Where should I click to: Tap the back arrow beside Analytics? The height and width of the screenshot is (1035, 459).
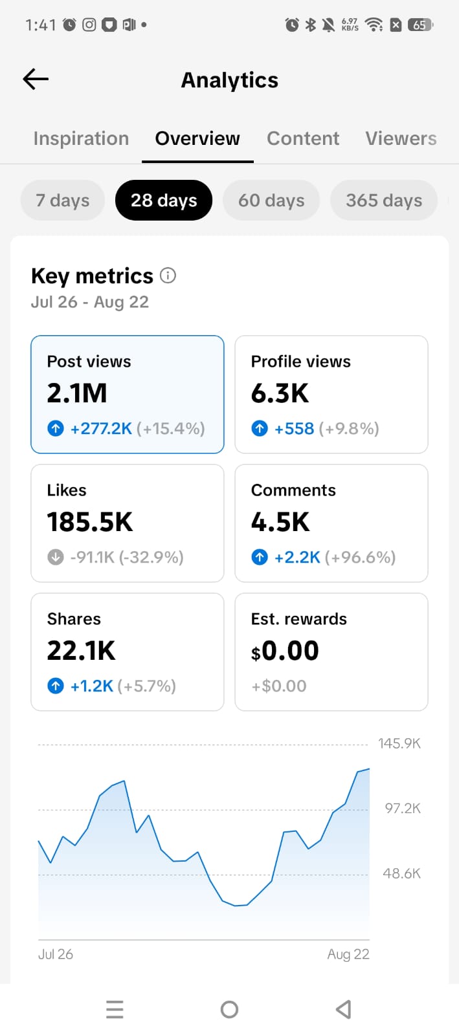pyautogui.click(x=36, y=79)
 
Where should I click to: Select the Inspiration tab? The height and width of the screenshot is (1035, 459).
pyautogui.click(x=81, y=138)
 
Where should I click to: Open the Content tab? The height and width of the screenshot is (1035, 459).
pyautogui.click(x=303, y=138)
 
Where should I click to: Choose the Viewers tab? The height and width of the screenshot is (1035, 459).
pyautogui.click(x=401, y=138)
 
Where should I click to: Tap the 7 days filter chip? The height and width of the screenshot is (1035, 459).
pyautogui.click(x=62, y=200)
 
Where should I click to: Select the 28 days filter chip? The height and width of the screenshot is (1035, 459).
pyautogui.click(x=164, y=200)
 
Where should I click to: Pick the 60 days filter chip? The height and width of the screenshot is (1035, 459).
pyautogui.click(x=271, y=200)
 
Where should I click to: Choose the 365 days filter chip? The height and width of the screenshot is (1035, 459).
pyautogui.click(x=384, y=200)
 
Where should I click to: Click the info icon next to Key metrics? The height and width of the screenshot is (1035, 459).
pyautogui.click(x=168, y=276)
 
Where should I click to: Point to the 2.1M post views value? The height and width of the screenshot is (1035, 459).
pyautogui.click(x=77, y=393)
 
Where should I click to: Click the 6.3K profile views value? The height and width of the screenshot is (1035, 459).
pyautogui.click(x=280, y=393)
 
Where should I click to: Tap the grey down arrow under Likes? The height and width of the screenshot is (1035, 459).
pyautogui.click(x=56, y=557)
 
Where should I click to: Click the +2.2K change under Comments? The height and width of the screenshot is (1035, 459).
pyautogui.click(x=297, y=557)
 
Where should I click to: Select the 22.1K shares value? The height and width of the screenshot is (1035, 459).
pyautogui.click(x=81, y=651)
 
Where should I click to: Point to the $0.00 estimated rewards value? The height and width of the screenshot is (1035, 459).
pyautogui.click(x=285, y=651)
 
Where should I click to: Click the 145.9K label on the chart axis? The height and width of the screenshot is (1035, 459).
pyautogui.click(x=399, y=743)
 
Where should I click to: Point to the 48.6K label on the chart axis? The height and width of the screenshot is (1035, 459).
pyautogui.click(x=401, y=873)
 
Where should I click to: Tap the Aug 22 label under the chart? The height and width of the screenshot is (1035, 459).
pyautogui.click(x=348, y=954)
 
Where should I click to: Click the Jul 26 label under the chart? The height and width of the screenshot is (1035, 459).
pyautogui.click(x=56, y=954)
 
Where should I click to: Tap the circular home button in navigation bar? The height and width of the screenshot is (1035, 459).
pyautogui.click(x=229, y=1010)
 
